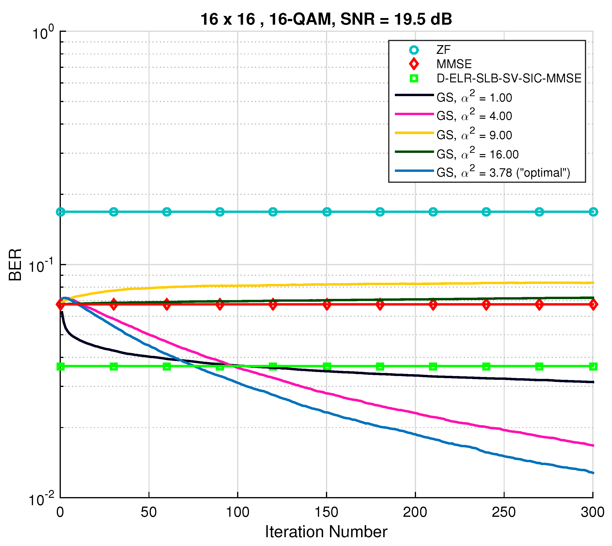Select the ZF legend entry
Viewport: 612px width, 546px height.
click(443, 50)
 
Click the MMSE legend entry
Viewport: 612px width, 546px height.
click(454, 64)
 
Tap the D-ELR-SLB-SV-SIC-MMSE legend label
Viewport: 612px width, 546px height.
click(509, 78)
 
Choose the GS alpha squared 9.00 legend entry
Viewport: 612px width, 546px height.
click(474, 134)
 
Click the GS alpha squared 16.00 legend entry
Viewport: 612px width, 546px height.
click(478, 154)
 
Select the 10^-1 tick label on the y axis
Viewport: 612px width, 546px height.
click(41, 265)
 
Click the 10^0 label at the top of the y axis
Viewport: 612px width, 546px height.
click(43, 32)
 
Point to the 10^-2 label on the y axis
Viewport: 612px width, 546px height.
click(41, 499)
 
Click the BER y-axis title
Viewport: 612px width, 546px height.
click(15, 265)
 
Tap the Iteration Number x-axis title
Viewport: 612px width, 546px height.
click(326, 532)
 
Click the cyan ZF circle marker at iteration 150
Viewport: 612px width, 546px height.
click(327, 212)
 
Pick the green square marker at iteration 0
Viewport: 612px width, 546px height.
click(61, 366)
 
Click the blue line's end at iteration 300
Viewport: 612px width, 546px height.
click(593, 473)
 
